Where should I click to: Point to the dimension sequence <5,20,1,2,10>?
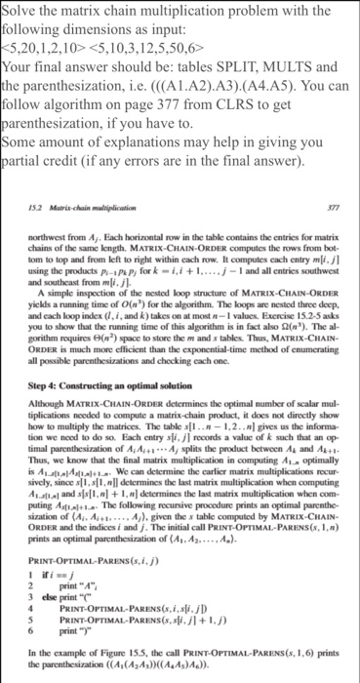pyautogui.click(x=46, y=40)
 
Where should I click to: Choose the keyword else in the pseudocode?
pyautogui.click(x=34, y=593)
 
